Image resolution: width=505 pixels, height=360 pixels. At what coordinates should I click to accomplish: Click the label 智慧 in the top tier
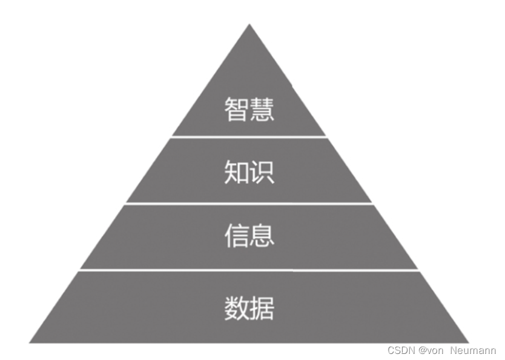coord(249,110)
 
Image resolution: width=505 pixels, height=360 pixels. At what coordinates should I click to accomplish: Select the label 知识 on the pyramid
coord(249,172)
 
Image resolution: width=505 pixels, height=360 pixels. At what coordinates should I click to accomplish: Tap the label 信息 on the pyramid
coord(249,235)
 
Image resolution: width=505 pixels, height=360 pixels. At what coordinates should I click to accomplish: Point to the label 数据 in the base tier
coord(249,308)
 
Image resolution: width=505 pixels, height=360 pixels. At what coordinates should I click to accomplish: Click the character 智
coord(237,110)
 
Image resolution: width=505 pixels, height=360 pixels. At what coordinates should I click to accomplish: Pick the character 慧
coord(262,110)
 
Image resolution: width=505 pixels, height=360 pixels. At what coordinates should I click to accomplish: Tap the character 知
coord(237,172)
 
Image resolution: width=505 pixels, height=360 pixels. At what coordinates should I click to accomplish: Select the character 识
coord(262,172)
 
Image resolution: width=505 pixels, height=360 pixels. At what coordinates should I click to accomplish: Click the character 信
coord(237,235)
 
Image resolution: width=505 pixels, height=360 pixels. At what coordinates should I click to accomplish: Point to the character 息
coord(262,235)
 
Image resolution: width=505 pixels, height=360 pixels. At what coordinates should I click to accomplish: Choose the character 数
coord(237,308)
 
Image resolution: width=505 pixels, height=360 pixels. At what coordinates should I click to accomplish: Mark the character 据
coord(262,308)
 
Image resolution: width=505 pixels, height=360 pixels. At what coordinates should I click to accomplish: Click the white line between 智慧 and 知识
coord(249,137)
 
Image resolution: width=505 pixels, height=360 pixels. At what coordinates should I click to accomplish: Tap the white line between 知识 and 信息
coord(249,204)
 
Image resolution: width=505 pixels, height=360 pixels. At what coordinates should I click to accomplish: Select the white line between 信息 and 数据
coord(249,270)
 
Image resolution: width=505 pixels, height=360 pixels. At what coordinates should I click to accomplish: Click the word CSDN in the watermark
coord(399,350)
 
